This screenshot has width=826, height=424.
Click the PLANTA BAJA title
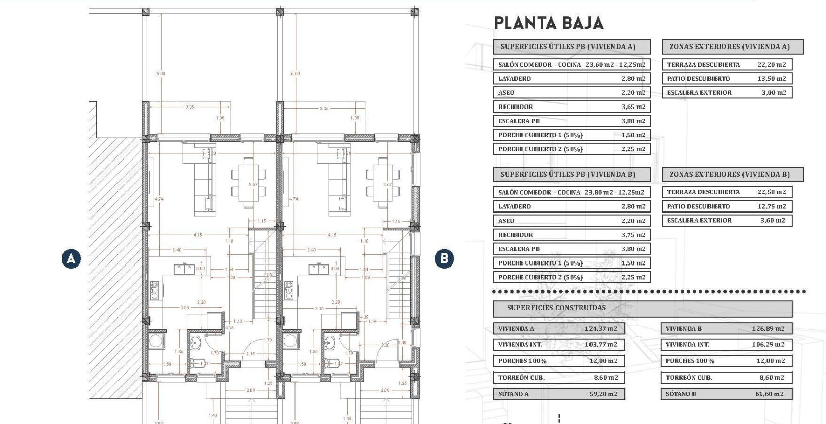pos(548,23)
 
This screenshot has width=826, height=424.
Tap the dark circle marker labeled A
pos(71,259)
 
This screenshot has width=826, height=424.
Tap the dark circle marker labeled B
pos(444,259)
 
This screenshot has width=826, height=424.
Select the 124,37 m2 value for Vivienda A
pos(601,329)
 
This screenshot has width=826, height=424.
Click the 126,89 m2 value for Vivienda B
pos(768,329)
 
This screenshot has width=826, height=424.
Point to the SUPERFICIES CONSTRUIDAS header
pos(556,308)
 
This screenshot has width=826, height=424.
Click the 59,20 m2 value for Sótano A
pos(603,394)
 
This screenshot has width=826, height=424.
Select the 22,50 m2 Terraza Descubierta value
pos(771,192)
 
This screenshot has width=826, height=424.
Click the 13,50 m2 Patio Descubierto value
pos(772,79)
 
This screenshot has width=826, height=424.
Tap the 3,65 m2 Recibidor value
pos(633,107)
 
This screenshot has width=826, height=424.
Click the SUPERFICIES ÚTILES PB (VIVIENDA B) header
pos(568,175)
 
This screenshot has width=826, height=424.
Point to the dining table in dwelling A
pos(246,183)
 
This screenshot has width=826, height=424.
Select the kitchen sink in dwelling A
pos(185,269)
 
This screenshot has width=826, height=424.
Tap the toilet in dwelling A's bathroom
pos(194,363)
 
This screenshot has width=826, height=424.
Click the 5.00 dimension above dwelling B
pos(295,74)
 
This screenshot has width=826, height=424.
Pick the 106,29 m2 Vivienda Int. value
pos(768,345)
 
